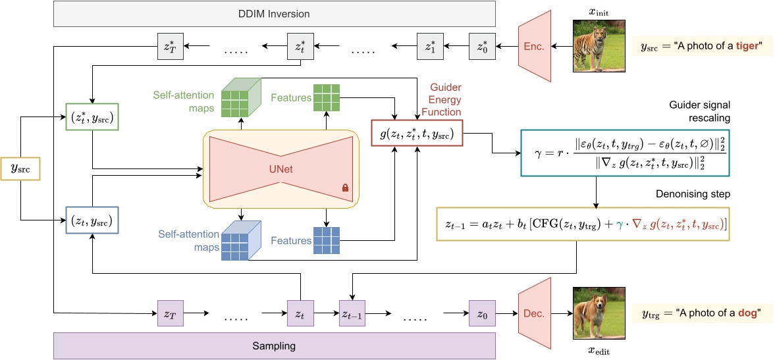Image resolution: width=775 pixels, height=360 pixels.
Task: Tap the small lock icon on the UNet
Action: [x=344, y=188]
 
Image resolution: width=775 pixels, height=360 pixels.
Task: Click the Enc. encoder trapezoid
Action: [x=534, y=46]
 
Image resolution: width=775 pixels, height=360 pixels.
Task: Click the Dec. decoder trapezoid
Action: [x=534, y=314]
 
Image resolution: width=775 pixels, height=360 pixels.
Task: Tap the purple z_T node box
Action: [x=169, y=315]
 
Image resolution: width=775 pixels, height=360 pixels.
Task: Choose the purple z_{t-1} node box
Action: [x=354, y=315]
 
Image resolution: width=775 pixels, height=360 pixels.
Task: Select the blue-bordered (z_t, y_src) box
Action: [x=92, y=219]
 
